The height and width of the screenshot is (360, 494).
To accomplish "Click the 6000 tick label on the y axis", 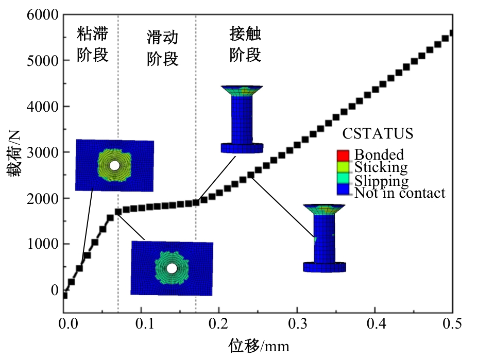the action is [43, 15].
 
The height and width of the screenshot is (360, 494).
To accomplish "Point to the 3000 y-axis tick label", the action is [43, 153].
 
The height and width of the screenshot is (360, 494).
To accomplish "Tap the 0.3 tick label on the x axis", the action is [297, 323].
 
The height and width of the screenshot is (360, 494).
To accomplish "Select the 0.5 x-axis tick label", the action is [452, 323].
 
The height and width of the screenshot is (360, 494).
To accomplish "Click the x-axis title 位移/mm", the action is [259, 346].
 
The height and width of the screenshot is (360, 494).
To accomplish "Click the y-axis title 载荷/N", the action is [14, 153].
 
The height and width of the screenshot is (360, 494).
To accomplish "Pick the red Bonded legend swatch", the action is [343, 156].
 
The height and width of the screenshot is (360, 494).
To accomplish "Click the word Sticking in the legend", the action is [381, 167].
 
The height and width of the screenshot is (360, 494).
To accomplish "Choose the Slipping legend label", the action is [381, 181].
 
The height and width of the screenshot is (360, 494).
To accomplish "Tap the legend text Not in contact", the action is [400, 193].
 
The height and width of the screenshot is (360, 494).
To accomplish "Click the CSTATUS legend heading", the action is [378, 133].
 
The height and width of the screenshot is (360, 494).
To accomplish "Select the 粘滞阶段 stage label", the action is [93, 44].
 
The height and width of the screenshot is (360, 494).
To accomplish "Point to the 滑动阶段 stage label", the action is [163, 48].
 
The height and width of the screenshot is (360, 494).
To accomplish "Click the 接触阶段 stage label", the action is [245, 44].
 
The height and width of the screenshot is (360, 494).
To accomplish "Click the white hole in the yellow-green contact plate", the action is [115, 165].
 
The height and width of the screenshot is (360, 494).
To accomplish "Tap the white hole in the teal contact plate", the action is [172, 269].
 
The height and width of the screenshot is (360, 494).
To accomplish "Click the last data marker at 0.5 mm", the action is [451, 33].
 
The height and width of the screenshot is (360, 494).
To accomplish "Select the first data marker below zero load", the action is [65, 295].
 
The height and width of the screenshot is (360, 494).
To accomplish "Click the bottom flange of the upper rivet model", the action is [242, 148].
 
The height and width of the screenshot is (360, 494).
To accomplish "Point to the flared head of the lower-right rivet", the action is [324, 209].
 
